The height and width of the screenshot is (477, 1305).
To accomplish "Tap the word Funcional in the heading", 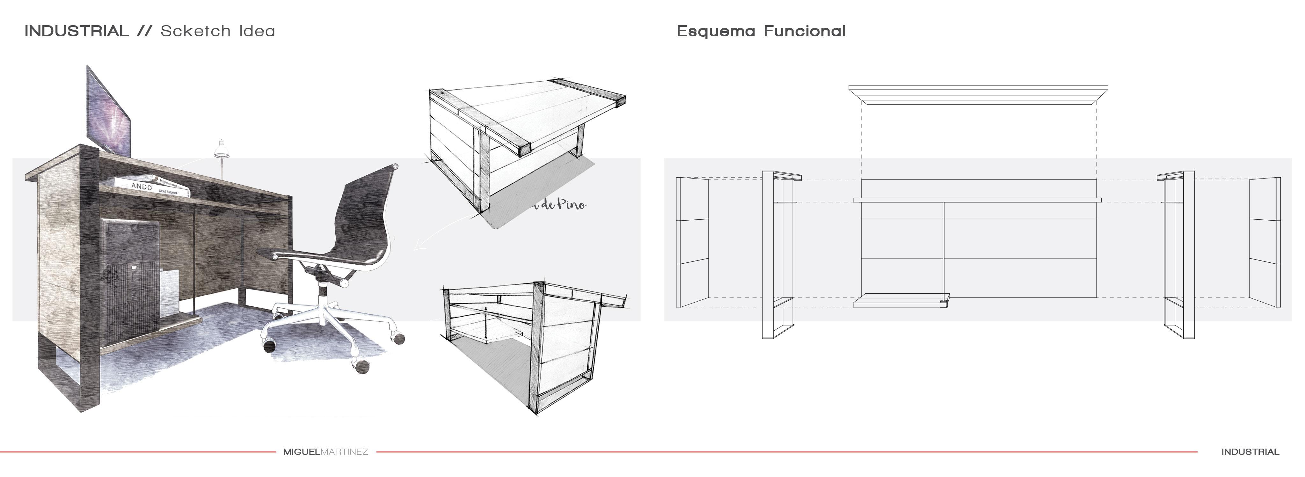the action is (x=805, y=32).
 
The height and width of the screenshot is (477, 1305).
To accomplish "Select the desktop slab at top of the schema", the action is (x=978, y=94).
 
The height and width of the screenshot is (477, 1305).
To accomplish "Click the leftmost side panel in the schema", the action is (x=692, y=242).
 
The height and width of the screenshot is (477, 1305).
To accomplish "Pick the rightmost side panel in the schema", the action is (x=1265, y=242).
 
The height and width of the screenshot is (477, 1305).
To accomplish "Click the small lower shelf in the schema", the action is (x=901, y=302).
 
